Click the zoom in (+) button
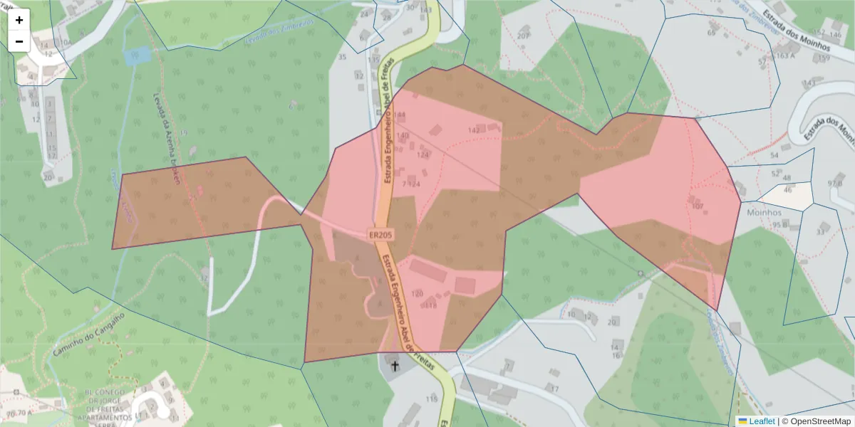(x=19, y=20)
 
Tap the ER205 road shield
(x=381, y=234)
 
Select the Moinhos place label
(x=764, y=212)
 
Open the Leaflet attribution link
(x=762, y=421)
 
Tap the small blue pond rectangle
(x=137, y=55)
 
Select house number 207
(x=524, y=36)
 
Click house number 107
(x=698, y=206)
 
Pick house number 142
(x=474, y=130)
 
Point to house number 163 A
(x=786, y=56)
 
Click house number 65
(x=711, y=33)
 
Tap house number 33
(x=821, y=231)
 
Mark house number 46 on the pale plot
(x=787, y=190)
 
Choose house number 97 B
(x=834, y=184)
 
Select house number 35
(x=342, y=57)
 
